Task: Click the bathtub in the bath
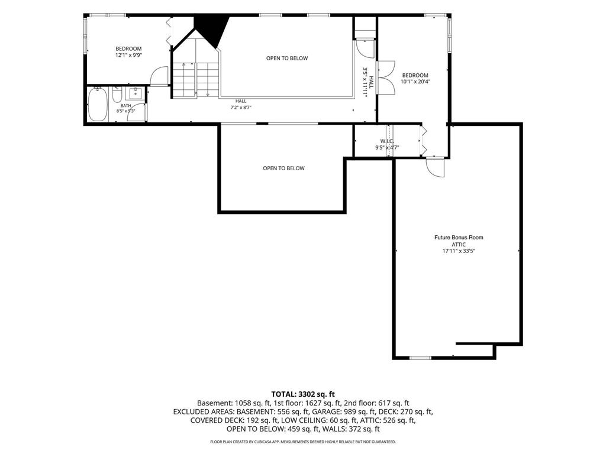[98, 104]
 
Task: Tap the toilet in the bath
[117, 95]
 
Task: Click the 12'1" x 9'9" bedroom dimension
[128, 55]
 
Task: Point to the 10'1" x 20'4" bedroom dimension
[415, 82]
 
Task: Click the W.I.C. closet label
[387, 141]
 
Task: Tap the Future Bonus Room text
[459, 238]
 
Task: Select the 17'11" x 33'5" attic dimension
[459, 251]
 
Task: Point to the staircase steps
[196, 80]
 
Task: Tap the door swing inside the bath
[137, 112]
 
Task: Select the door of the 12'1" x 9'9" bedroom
[159, 76]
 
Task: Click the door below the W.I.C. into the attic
[436, 167]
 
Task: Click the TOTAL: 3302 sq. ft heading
[303, 394]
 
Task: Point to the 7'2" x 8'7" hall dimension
[241, 108]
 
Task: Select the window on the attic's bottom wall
[421, 358]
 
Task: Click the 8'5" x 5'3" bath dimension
[126, 111]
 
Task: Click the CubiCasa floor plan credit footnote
[303, 442]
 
